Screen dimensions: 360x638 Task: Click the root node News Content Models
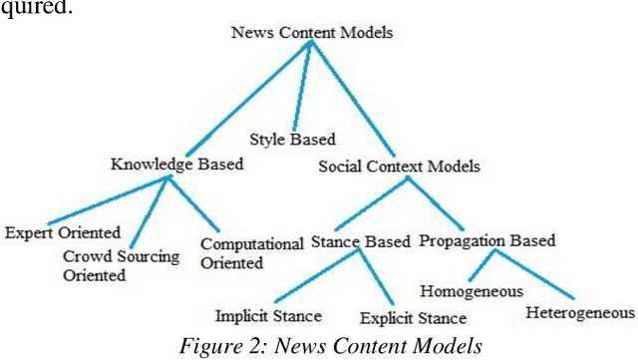(312, 32)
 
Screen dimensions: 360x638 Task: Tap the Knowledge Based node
(176, 165)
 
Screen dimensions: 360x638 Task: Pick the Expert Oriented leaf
(58, 233)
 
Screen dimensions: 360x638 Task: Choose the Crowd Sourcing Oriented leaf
(113, 266)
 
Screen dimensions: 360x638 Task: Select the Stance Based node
(357, 241)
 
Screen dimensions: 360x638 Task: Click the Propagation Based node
(486, 241)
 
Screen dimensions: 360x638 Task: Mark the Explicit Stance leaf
(413, 319)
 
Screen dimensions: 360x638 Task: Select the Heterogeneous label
(579, 313)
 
